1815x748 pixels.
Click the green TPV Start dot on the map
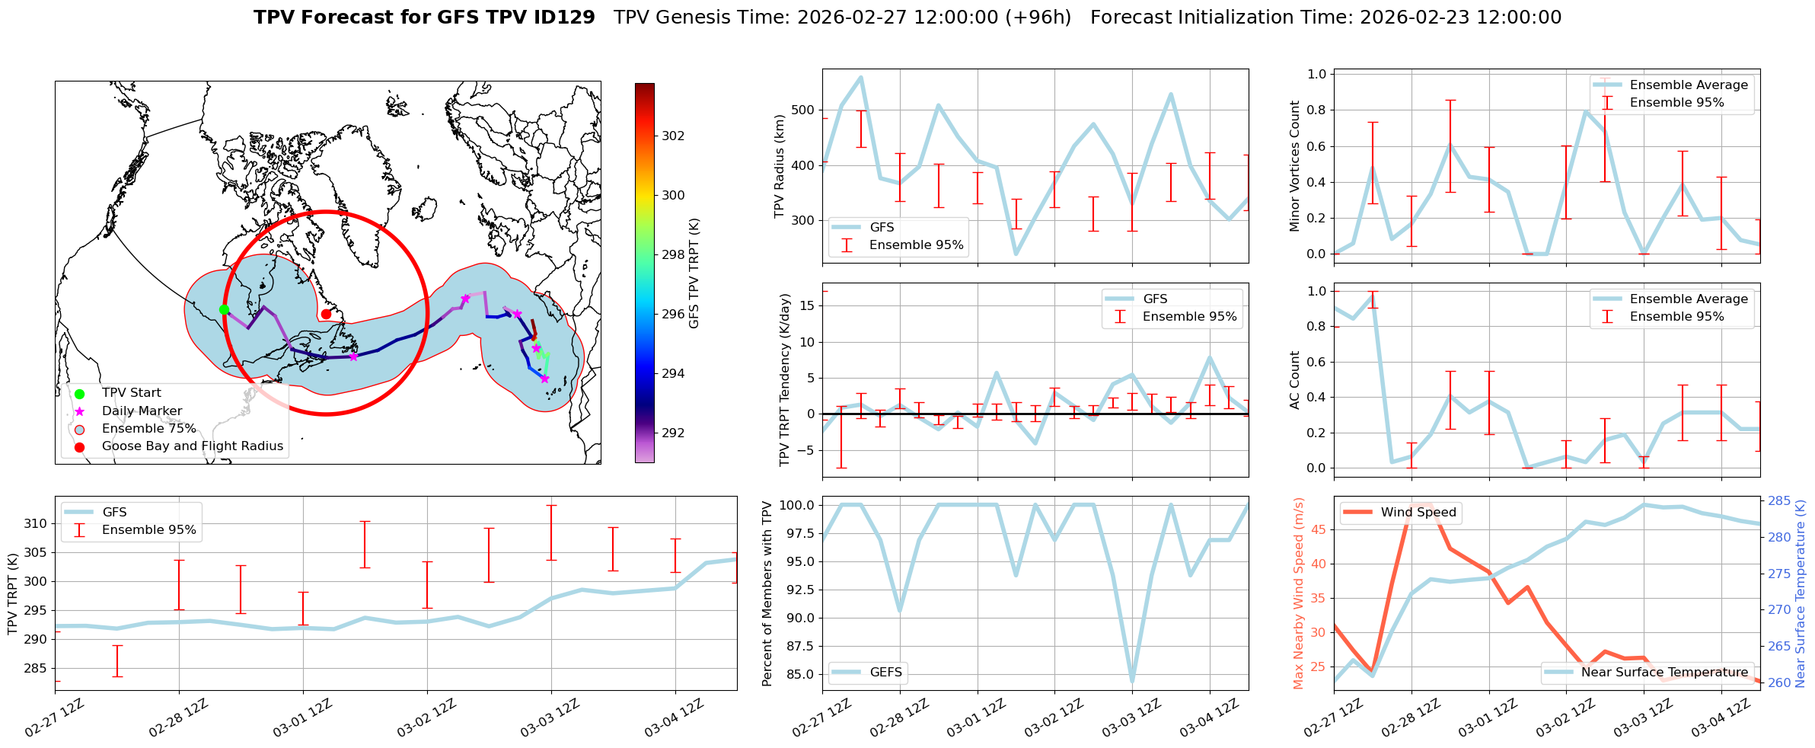point(224,309)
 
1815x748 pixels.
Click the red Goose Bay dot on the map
point(326,314)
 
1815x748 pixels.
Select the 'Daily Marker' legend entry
point(142,411)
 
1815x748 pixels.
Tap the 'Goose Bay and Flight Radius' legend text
point(192,446)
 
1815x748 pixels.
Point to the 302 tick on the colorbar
point(672,136)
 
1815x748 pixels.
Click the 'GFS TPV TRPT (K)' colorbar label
point(694,273)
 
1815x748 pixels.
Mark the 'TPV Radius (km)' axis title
point(779,166)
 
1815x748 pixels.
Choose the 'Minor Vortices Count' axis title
point(1294,166)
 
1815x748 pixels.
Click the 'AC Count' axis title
point(1294,380)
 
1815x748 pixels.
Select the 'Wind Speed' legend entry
point(1418,512)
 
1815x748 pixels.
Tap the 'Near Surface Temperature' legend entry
point(1663,672)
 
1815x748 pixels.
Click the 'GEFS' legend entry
point(885,672)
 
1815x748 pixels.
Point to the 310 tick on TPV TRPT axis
point(36,523)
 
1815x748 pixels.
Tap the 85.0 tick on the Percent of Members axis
point(798,674)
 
